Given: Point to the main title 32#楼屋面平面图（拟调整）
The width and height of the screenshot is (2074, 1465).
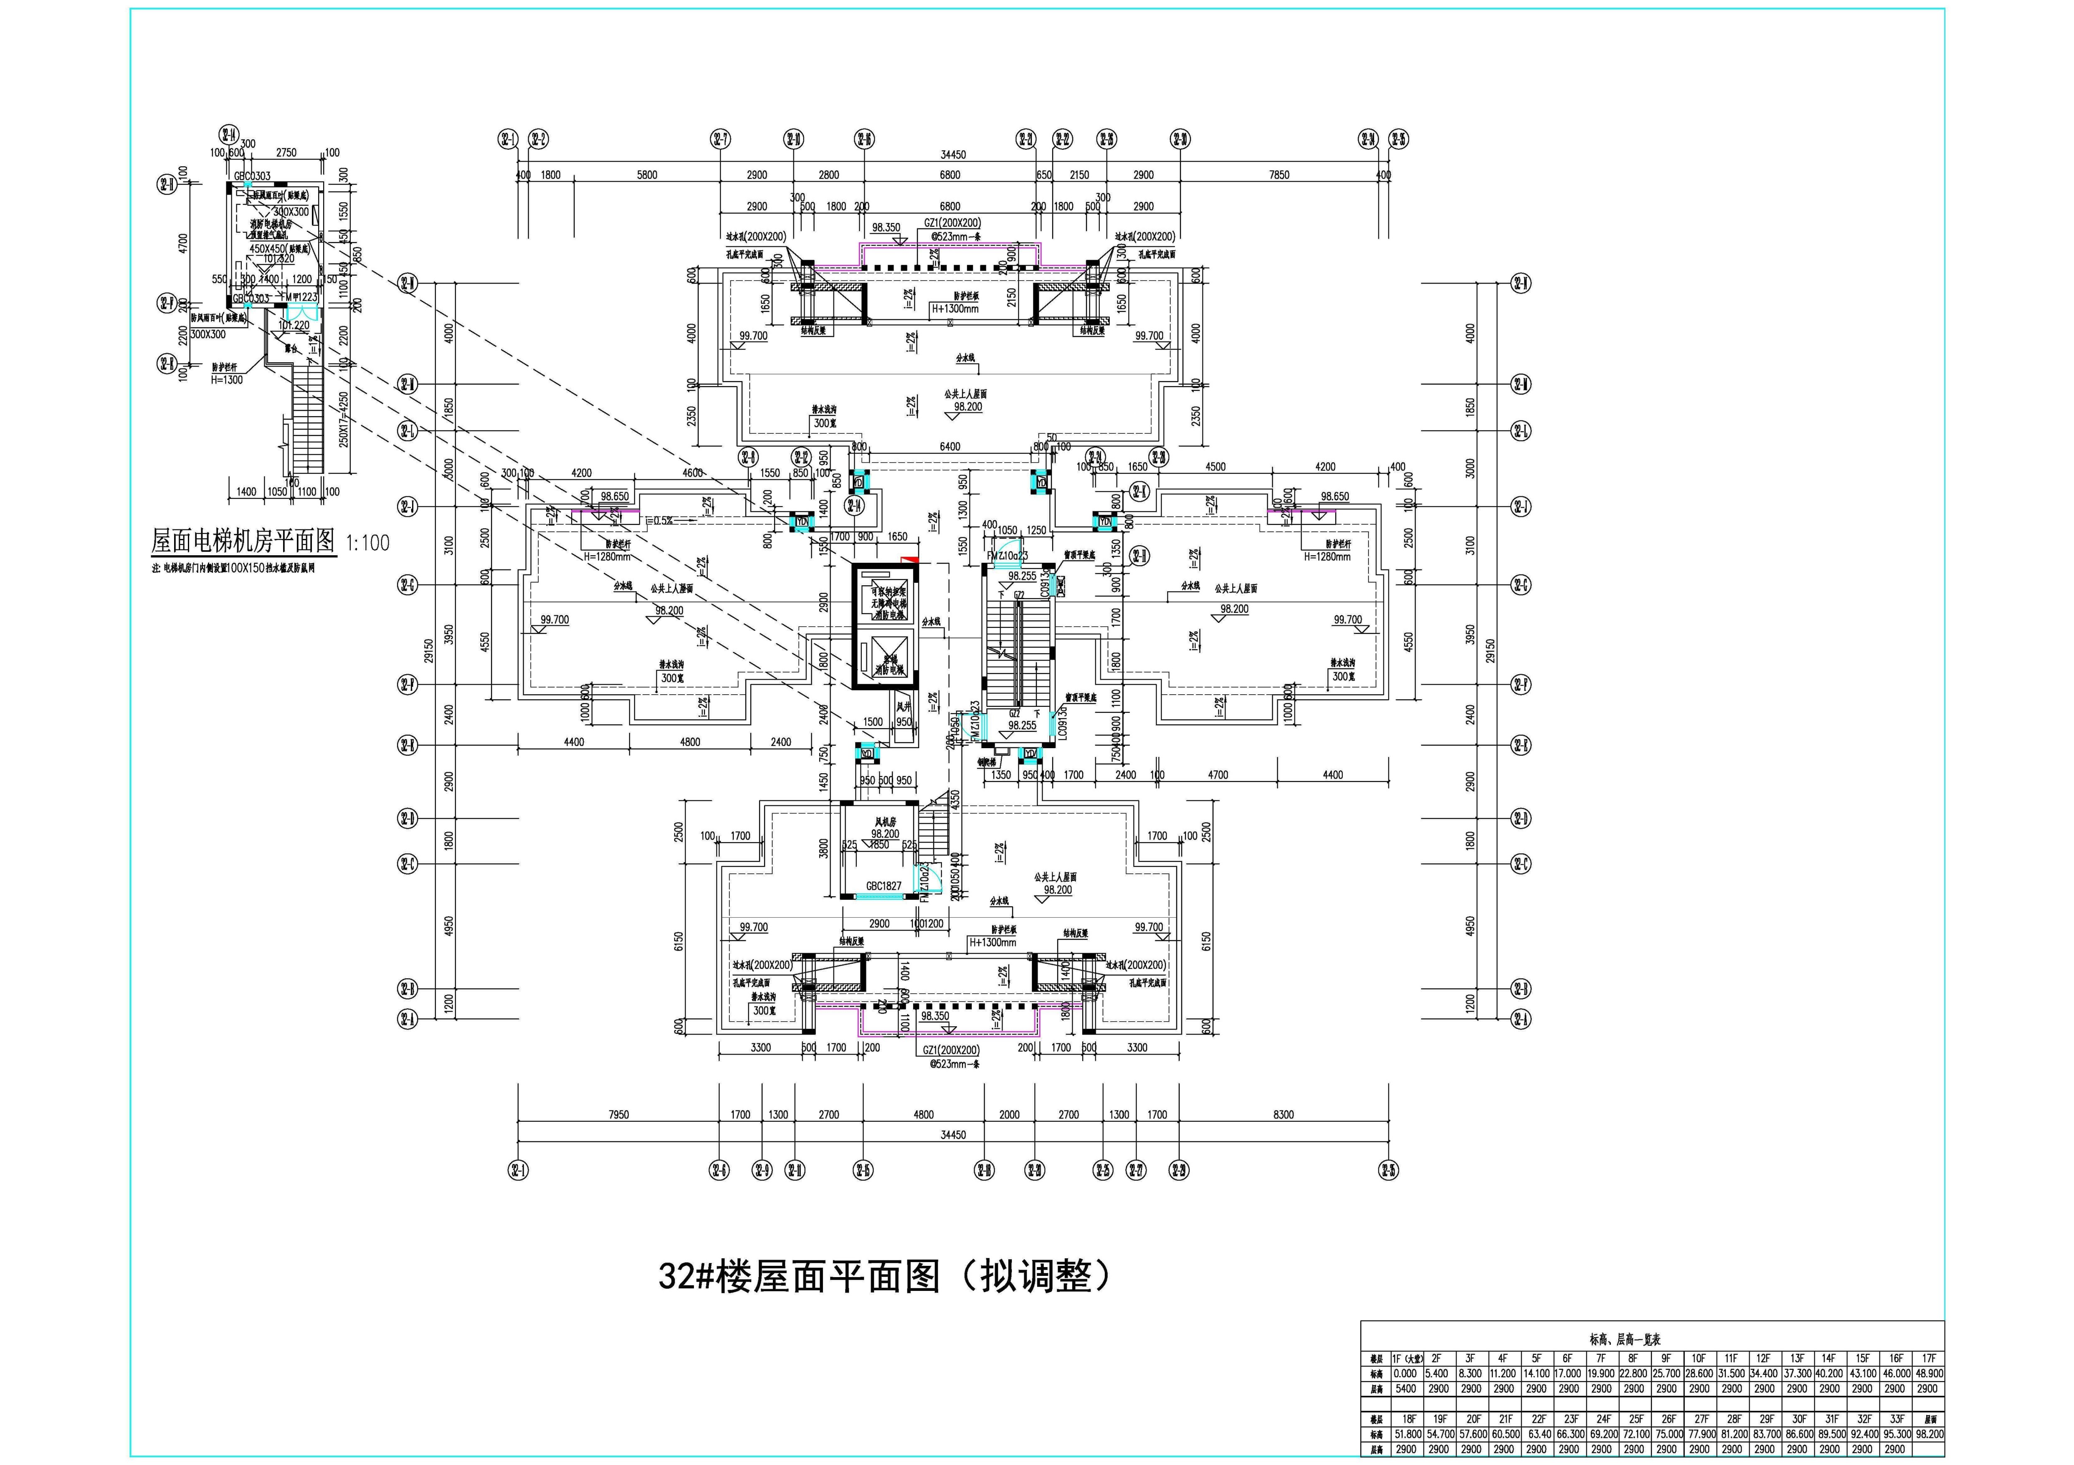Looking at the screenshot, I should (x=884, y=1276).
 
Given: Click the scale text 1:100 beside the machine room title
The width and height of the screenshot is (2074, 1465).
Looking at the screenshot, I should (x=367, y=543).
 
